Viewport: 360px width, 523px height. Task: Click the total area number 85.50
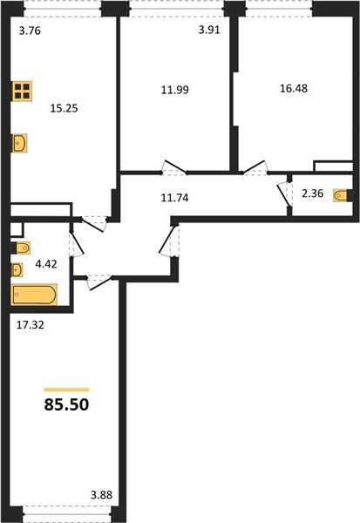[x=66, y=405]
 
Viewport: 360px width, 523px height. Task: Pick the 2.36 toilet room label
[x=310, y=195]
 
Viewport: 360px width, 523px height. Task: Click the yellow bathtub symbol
[x=34, y=296]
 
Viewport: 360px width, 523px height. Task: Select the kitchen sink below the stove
[x=20, y=143]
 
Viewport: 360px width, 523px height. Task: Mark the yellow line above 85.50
[x=66, y=389]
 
